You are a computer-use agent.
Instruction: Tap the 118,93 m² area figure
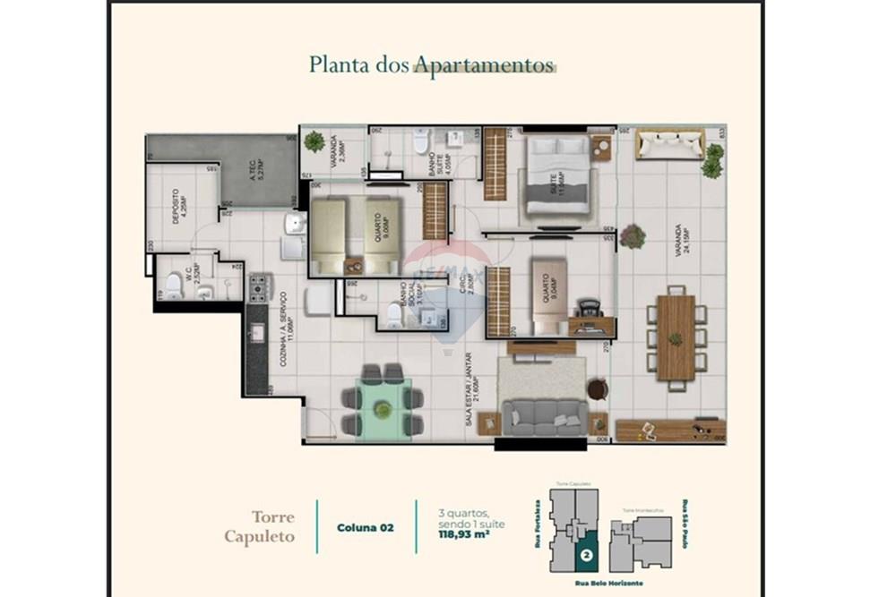pos(462,535)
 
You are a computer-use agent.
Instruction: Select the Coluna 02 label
pos(365,528)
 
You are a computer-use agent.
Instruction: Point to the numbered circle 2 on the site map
pos(586,555)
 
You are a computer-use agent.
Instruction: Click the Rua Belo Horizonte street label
pos(611,583)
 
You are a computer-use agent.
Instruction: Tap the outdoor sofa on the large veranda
pos(669,145)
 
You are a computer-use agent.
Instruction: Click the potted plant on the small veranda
pos(314,141)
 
